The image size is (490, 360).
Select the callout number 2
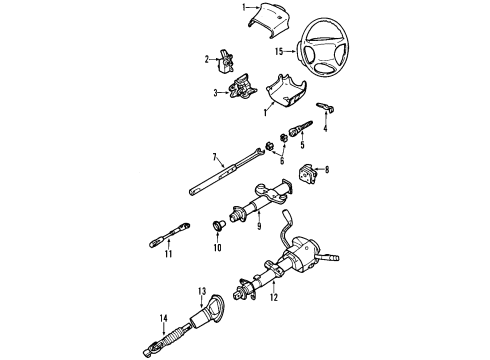click(x=208, y=59)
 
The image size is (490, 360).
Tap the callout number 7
click(x=214, y=156)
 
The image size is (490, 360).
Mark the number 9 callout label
click(x=258, y=225)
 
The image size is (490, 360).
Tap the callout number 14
click(x=165, y=320)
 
